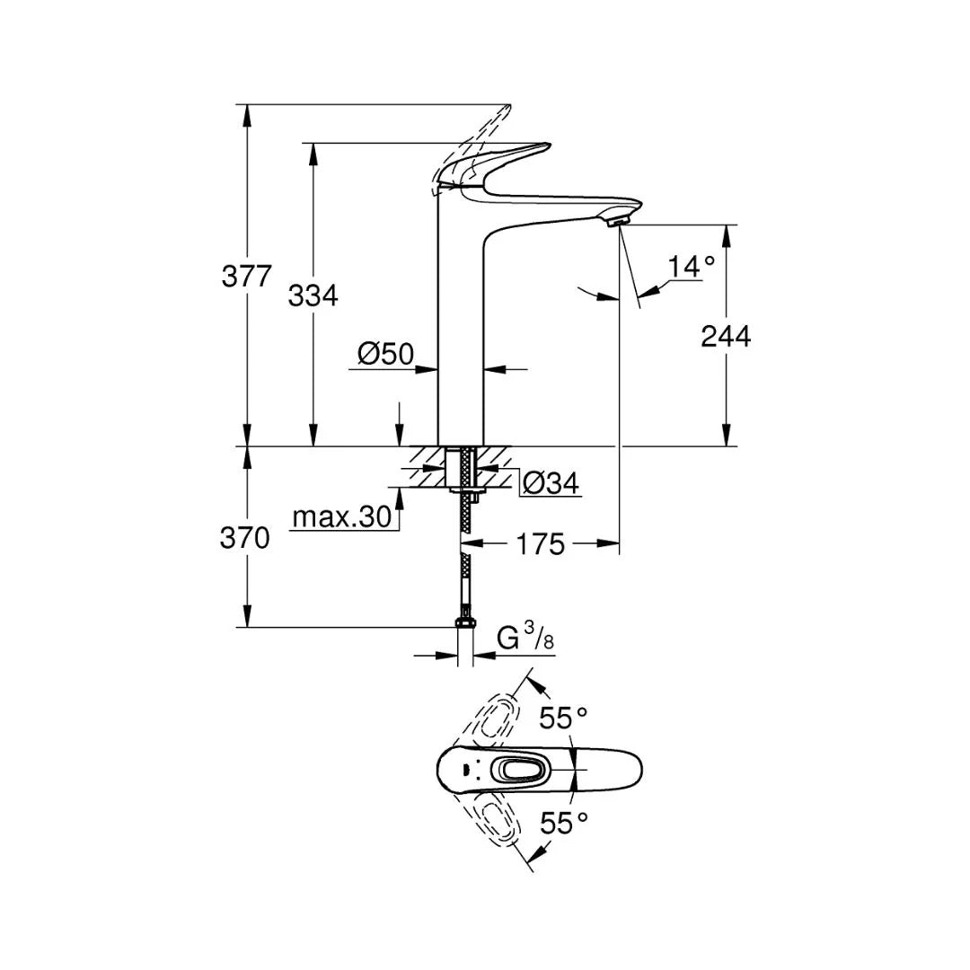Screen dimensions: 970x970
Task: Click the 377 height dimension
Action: pyautogui.click(x=246, y=276)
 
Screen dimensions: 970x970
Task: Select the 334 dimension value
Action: pyautogui.click(x=313, y=295)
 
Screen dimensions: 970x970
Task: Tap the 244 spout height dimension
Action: pyautogui.click(x=726, y=336)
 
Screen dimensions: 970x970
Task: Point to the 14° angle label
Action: pyautogui.click(x=692, y=267)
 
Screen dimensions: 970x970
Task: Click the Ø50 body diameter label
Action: pyautogui.click(x=385, y=355)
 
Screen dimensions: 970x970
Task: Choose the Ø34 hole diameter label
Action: pyautogui.click(x=550, y=484)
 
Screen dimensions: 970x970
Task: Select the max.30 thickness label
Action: pyautogui.click(x=342, y=517)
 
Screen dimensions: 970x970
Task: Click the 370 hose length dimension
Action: pyautogui.click(x=245, y=538)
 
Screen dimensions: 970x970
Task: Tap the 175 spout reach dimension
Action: pyautogui.click(x=541, y=543)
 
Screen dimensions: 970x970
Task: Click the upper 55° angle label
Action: pyautogui.click(x=563, y=718)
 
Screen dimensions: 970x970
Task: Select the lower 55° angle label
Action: pyautogui.click(x=563, y=823)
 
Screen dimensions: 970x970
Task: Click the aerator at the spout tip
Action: pyautogui.click(x=617, y=218)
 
